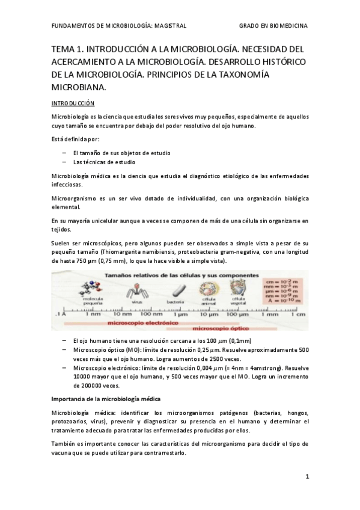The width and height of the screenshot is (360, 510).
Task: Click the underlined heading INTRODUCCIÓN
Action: click(x=73, y=103)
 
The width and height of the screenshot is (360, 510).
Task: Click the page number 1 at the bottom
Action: click(x=307, y=477)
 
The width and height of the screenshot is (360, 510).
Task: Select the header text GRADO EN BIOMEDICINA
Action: click(x=273, y=26)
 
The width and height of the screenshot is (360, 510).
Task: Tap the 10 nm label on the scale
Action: click(x=123, y=314)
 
